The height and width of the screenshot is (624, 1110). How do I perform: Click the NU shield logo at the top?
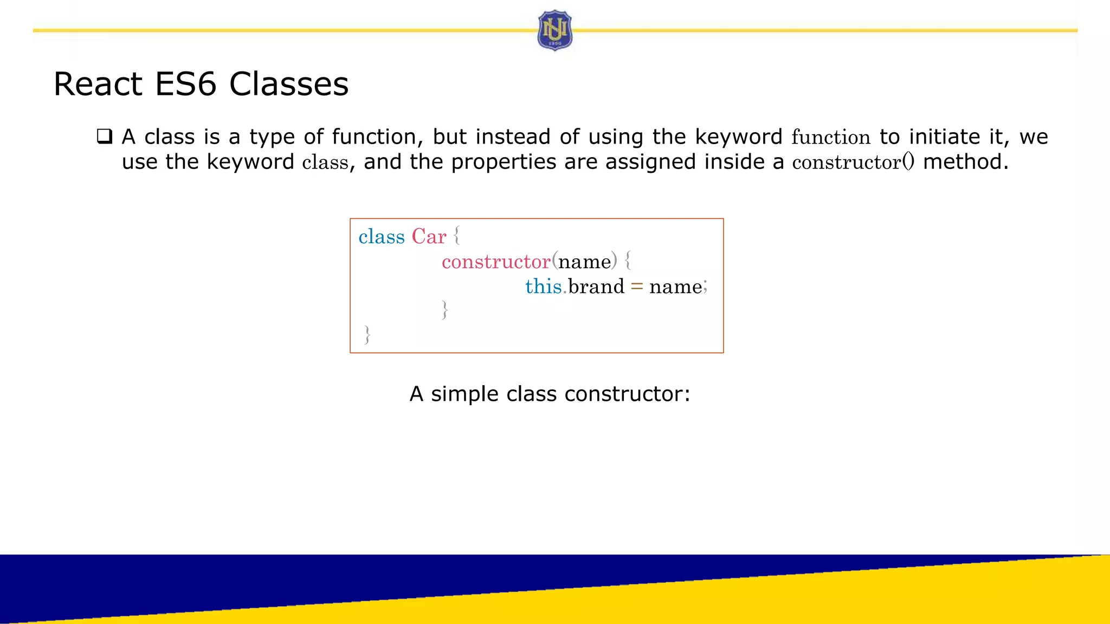(554, 30)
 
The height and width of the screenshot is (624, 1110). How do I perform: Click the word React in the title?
(98, 84)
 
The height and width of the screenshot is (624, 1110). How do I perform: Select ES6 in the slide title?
(185, 84)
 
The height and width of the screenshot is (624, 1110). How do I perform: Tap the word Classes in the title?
(289, 84)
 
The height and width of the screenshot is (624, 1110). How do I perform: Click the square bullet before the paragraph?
(105, 136)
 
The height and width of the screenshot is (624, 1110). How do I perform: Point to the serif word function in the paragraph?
(830, 137)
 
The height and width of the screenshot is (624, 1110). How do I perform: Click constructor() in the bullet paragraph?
(853, 162)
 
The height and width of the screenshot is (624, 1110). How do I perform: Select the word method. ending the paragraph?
(965, 162)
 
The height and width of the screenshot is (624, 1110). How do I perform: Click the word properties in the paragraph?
(504, 162)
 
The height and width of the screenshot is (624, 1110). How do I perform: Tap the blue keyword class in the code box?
(382, 237)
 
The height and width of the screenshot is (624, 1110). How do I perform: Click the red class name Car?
(429, 237)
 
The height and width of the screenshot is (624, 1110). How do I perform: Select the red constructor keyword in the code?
(496, 262)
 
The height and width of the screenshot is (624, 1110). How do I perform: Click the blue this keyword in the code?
(543, 287)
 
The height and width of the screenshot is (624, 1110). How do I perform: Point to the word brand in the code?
(596, 287)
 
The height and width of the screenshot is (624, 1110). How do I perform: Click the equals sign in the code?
(637, 287)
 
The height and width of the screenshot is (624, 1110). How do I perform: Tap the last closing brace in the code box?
(367, 335)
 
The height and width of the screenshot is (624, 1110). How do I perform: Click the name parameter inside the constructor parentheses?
(584, 262)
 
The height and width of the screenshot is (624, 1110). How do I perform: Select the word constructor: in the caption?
(627, 394)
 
